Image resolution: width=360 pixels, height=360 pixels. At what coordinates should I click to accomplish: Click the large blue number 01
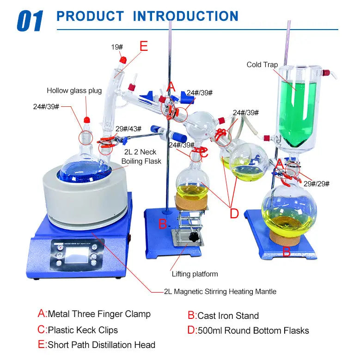[30, 21]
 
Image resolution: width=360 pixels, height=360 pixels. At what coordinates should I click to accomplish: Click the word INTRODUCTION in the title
[186, 16]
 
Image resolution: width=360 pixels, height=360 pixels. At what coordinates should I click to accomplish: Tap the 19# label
[117, 47]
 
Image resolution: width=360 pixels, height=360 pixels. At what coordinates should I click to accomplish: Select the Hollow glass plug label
[74, 91]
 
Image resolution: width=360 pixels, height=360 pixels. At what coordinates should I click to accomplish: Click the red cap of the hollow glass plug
[87, 120]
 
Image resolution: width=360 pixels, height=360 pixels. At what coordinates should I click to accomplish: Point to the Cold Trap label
[262, 65]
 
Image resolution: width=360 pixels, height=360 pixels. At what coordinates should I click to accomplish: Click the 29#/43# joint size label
[128, 129]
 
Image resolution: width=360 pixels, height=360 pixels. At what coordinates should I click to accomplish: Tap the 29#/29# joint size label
[317, 183]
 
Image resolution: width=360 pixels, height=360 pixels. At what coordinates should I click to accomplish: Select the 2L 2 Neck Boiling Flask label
[141, 157]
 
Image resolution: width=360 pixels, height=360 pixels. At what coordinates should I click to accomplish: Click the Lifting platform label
[195, 274]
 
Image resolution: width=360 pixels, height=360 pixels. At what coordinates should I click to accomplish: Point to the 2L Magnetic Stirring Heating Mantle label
[220, 291]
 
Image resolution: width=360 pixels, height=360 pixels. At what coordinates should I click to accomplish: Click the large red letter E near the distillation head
[144, 46]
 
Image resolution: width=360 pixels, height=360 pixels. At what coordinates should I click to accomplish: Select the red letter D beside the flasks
[234, 213]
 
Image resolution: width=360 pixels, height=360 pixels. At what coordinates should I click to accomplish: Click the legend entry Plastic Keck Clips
[78, 330]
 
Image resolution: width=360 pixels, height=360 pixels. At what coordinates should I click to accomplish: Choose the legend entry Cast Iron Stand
[223, 316]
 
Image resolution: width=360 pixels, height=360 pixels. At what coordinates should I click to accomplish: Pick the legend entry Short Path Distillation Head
[97, 345]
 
